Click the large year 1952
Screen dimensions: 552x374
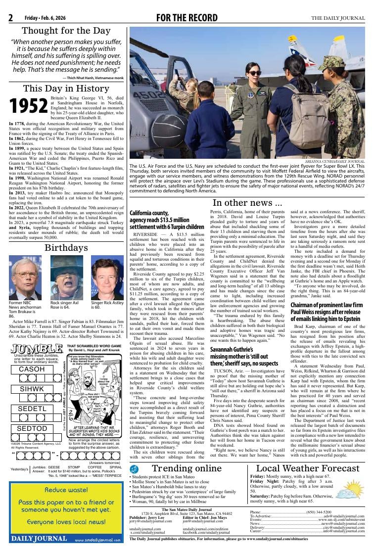pos(29,105)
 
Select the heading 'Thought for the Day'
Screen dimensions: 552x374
pos(66,31)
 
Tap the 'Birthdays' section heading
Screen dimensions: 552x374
pos(66,247)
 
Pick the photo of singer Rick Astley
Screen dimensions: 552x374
pos(107,277)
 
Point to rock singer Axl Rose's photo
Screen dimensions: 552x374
pos(66,277)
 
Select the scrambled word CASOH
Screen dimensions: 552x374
pos(32,369)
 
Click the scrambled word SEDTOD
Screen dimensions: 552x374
pos(32,428)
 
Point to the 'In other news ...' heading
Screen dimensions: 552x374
pos(247,203)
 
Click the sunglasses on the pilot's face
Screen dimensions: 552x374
pos(254,73)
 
